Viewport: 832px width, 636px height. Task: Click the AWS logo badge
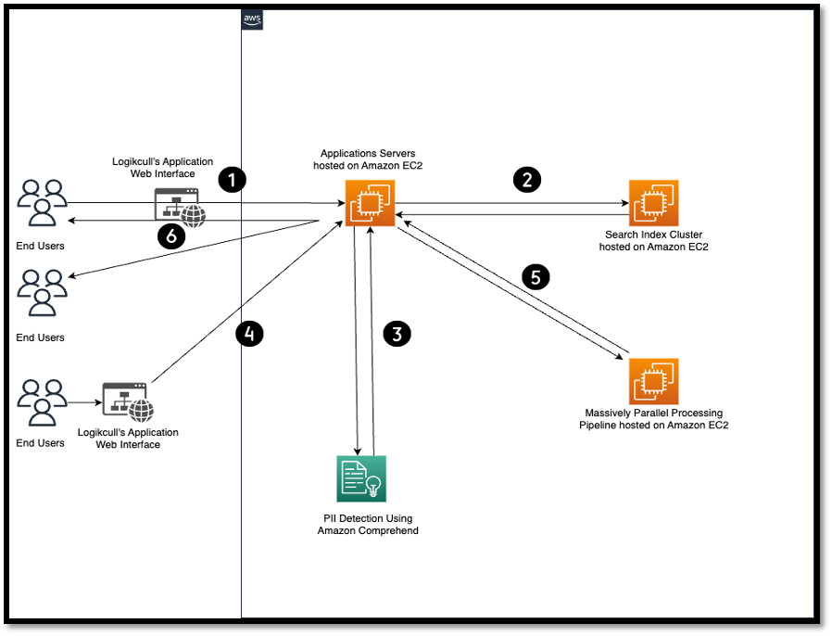[252, 19]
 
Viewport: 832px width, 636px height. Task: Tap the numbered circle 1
[232, 180]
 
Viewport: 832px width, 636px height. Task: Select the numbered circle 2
[527, 180]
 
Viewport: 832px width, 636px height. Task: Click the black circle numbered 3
[397, 334]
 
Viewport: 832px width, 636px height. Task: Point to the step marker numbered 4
[249, 334]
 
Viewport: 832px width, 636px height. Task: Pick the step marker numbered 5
[536, 276]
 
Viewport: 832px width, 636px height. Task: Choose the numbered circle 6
[171, 237]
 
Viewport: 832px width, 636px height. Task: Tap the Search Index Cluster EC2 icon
[653, 203]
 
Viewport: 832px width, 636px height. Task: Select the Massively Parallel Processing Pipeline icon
[653, 381]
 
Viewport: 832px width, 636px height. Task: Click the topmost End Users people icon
[42, 203]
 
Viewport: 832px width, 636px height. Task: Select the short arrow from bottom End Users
[83, 402]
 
